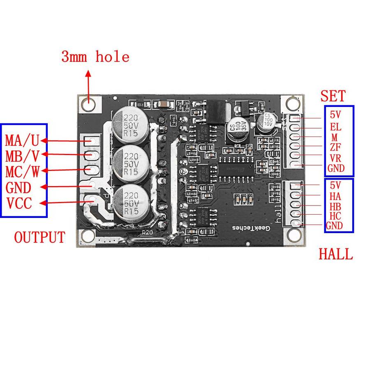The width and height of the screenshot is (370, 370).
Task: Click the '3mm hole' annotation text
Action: (95, 56)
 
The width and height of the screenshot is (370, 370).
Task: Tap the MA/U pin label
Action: (22, 141)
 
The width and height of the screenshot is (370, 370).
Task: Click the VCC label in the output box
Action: (18, 203)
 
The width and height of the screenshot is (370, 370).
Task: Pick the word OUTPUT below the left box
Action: (39, 237)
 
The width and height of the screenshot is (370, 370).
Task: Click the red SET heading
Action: (333, 96)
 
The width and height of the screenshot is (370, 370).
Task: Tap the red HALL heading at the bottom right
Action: (335, 254)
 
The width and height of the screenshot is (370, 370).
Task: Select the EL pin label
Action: (335, 127)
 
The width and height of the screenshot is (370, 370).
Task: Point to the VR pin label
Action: (335, 158)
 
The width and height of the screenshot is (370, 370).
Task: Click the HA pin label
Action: (335, 196)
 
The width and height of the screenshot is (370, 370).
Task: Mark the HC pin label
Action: (335, 215)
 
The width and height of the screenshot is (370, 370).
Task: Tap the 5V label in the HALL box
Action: (335, 185)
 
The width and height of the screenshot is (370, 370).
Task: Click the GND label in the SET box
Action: (335, 168)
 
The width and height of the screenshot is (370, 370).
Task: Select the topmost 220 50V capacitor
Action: (128, 122)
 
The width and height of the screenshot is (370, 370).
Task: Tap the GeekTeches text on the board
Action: (250, 227)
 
